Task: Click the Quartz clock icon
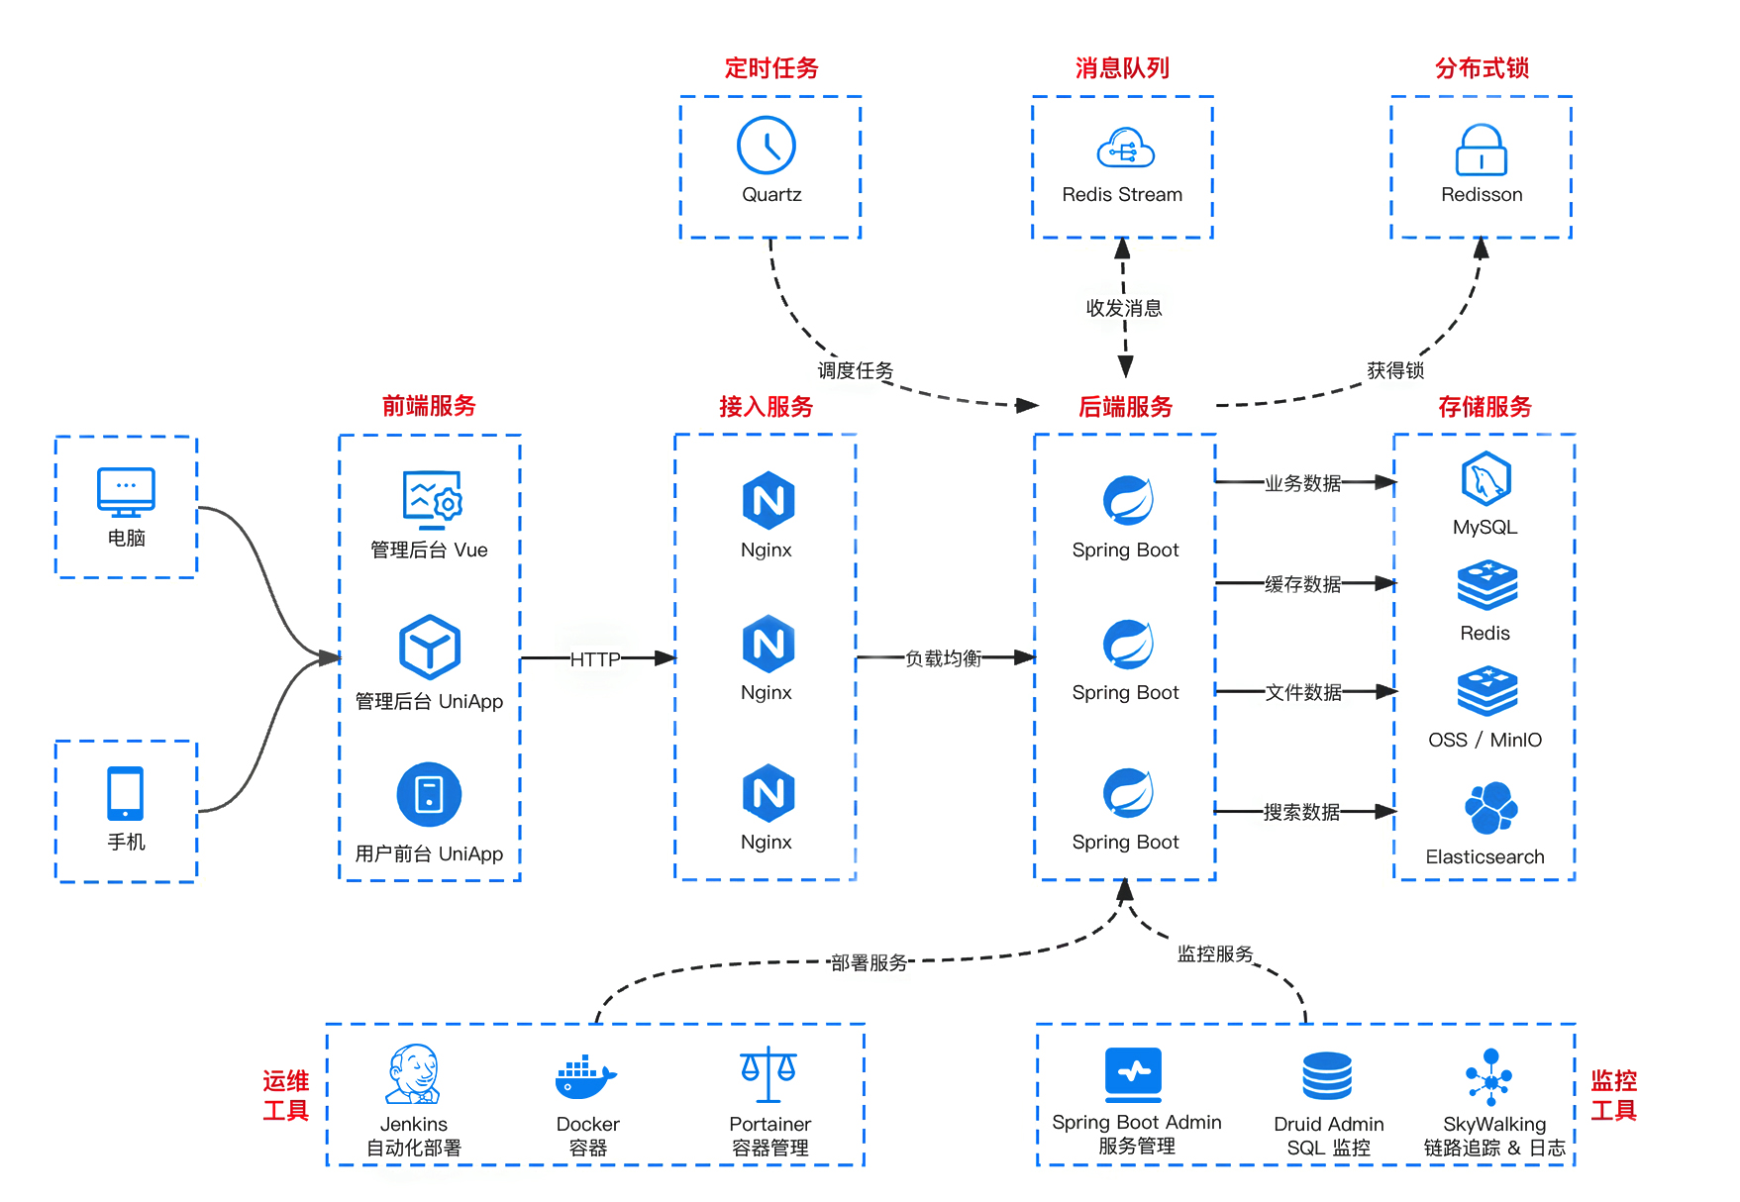tap(767, 146)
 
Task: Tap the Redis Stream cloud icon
tap(1125, 149)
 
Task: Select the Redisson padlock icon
tap(1481, 150)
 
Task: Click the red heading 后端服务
tap(1125, 407)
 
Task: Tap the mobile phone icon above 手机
tap(126, 793)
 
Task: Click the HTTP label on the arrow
tap(595, 659)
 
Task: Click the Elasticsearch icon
tap(1489, 808)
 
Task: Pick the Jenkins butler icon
tap(413, 1074)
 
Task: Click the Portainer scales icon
tap(768, 1074)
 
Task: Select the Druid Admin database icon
tap(1327, 1076)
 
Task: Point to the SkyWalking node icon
tap(1490, 1076)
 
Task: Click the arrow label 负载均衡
tap(943, 658)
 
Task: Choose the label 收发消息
tap(1124, 308)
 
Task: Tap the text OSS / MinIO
tap(1484, 740)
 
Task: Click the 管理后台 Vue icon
tap(433, 499)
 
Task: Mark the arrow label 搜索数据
tap(1301, 812)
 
